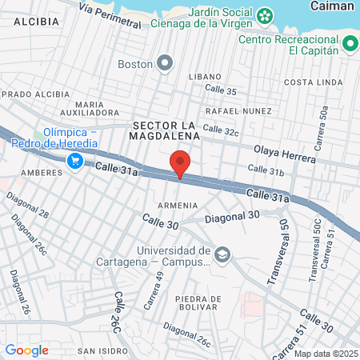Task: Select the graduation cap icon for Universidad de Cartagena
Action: point(222,255)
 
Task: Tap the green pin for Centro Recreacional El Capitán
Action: point(350,46)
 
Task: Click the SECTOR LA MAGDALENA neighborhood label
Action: point(164,130)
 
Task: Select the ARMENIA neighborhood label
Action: point(178,206)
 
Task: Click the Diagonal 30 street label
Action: point(233,216)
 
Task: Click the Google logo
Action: point(26,350)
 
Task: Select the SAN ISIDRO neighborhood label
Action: point(99,350)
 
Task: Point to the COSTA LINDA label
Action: point(308,82)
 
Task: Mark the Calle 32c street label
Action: point(221,129)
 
